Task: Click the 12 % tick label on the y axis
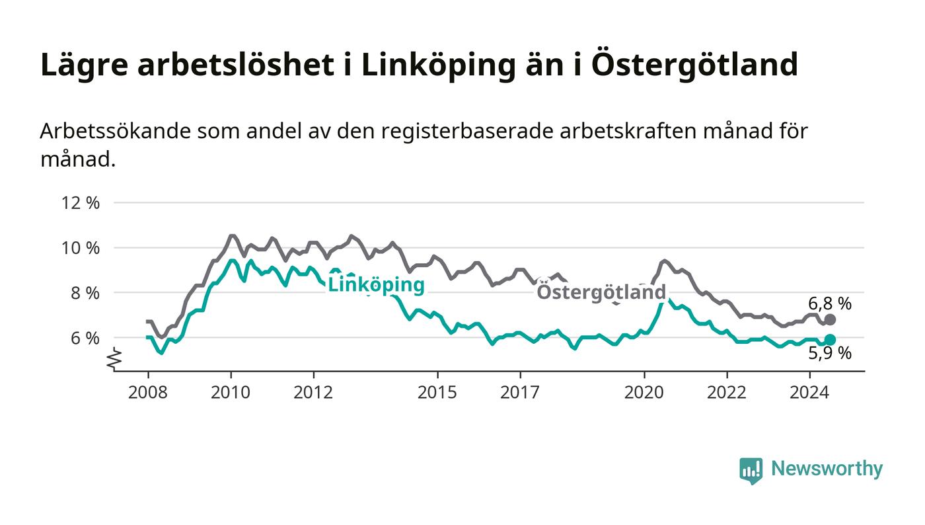[81, 203]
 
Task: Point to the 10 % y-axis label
[81, 248]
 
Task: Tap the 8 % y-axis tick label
[85, 293]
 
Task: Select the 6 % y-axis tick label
[85, 338]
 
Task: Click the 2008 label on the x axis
[148, 392]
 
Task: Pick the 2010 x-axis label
[231, 392]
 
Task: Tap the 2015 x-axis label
[437, 392]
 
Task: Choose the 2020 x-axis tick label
[644, 392]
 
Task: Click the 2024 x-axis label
[809, 392]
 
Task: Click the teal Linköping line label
[376, 285]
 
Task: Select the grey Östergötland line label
[601, 292]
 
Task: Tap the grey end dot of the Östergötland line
[830, 319]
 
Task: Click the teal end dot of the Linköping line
[830, 340]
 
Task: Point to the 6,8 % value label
[830, 304]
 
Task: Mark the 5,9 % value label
[830, 353]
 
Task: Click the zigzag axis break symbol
[114, 358]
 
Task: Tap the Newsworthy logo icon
[751, 471]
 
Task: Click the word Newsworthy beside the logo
[827, 469]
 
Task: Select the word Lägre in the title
[85, 65]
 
